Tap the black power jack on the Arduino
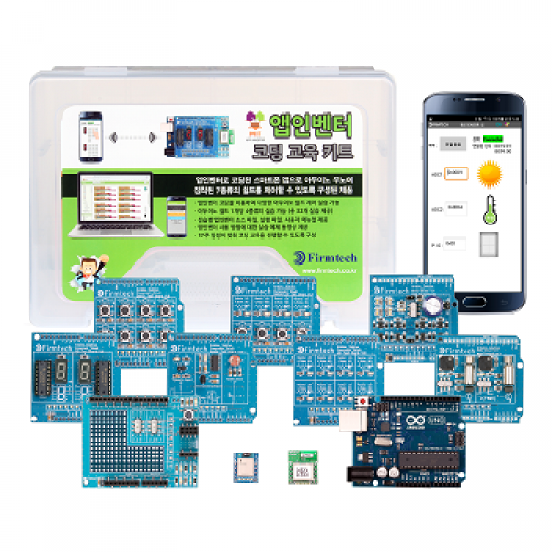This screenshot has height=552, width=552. [x=357, y=473]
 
